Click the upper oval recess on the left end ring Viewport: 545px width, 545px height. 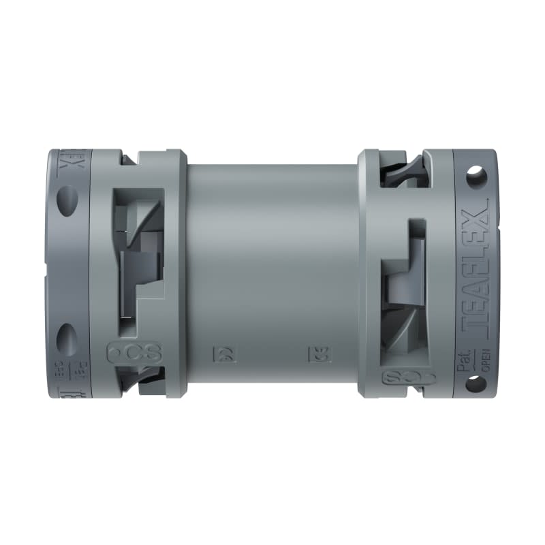(x=67, y=201)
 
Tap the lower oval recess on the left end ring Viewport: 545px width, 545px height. (x=67, y=337)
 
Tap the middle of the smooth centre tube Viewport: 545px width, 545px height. (x=272, y=272)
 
